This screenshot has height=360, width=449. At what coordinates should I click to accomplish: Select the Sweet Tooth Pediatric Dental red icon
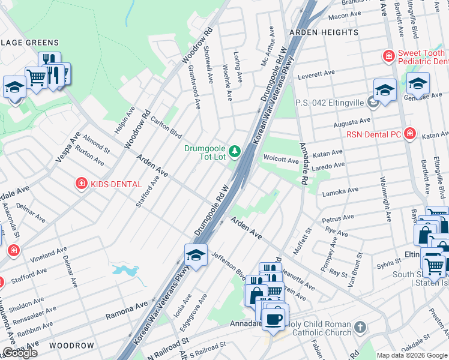tap(389, 56)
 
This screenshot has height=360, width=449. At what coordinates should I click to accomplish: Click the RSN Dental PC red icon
tap(410, 133)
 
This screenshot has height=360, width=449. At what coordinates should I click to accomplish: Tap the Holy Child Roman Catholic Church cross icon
tap(359, 328)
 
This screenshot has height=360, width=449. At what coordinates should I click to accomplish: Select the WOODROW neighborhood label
tap(71, 346)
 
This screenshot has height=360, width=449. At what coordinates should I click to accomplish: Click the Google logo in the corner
tap(20, 353)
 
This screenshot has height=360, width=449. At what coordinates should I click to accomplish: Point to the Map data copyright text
tap(412, 355)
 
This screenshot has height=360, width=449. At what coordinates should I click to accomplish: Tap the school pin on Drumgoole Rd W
tap(196, 256)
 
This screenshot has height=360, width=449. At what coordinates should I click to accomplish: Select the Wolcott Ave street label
tap(281, 160)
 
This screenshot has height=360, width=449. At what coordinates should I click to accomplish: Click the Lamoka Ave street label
tap(341, 191)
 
